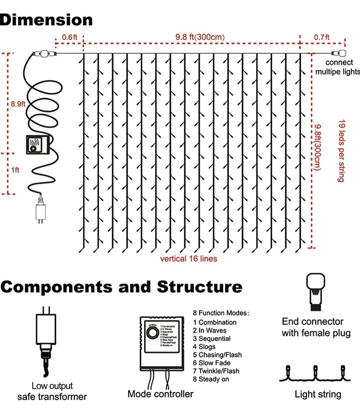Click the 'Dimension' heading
click(47, 20)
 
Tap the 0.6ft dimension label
click(69, 37)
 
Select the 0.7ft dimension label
click(322, 37)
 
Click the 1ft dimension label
click(15, 170)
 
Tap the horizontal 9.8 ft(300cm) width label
click(200, 37)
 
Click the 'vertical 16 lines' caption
click(189, 259)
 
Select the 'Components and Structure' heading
click(121, 287)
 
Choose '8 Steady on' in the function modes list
click(211, 379)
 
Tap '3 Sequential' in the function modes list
click(212, 339)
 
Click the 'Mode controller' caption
click(160, 394)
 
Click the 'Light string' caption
click(318, 394)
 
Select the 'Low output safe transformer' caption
click(52, 391)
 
